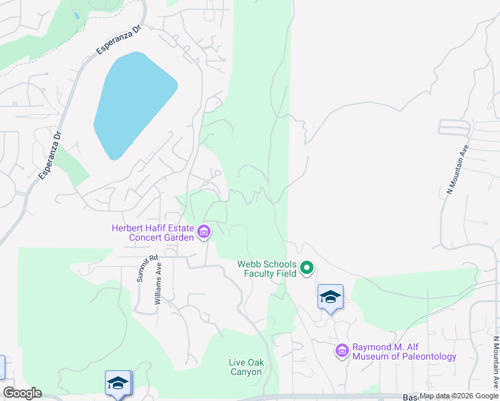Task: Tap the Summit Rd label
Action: [147, 267]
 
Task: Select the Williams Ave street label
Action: [158, 283]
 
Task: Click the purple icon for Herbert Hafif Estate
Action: [204, 233]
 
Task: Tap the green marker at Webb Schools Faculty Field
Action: [307, 269]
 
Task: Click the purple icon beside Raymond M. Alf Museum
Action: [342, 350]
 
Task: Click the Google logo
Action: [22, 393]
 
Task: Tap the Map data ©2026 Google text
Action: [459, 396]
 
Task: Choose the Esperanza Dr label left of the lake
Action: [49, 154]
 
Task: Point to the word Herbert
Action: [128, 228]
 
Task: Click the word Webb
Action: [248, 264]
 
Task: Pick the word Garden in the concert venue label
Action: [177, 237]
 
